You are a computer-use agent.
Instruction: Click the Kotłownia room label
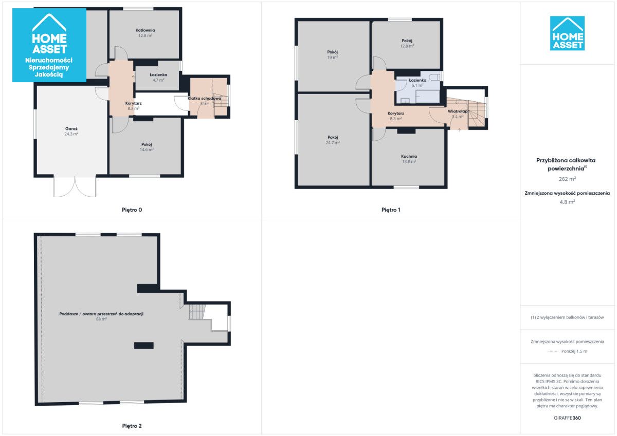[145, 30]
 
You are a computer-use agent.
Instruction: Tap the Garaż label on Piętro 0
[71, 129]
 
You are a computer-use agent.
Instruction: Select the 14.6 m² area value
[147, 149]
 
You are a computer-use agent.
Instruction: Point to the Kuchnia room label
[409, 156]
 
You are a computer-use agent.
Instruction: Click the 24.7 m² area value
[333, 142]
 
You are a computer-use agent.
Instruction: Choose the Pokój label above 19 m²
[333, 52]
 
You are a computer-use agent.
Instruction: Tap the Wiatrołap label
[458, 111]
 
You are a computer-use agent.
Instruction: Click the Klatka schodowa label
[205, 98]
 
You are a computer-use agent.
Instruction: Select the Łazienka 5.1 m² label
[418, 83]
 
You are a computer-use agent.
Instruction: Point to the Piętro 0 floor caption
[132, 210]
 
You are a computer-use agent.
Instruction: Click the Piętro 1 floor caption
[391, 210]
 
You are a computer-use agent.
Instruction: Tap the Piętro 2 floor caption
[132, 426]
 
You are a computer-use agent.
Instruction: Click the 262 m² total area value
[567, 179]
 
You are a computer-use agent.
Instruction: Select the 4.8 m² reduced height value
[567, 202]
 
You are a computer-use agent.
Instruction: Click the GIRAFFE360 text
[567, 418]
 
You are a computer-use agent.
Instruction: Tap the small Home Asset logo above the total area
[567, 33]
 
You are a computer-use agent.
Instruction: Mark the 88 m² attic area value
[101, 319]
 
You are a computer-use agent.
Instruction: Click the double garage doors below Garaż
[75, 186]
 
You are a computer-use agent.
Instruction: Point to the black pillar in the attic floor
[144, 346]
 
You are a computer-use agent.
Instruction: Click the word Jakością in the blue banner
[49, 74]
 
